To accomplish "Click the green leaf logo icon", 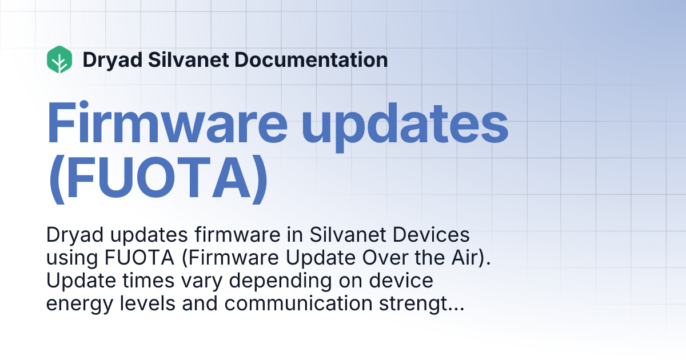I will click(x=59, y=59).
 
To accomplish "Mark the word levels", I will click(x=157, y=304).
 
